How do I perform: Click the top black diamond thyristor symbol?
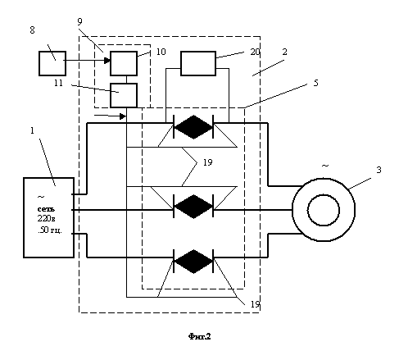coord(193,127)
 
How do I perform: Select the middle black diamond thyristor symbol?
coord(193,207)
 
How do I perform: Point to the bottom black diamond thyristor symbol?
coord(193,262)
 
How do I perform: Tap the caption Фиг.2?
coord(200,336)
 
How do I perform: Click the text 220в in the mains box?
coord(47,219)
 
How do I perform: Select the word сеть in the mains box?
coord(46,209)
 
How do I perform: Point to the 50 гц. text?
coord(50,230)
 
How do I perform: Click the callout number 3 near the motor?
coord(379,170)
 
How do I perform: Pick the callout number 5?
coord(315,83)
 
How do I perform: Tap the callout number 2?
coord(284,52)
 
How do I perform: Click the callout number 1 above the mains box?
coord(32,130)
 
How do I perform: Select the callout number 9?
coord(79,21)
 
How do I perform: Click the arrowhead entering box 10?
coord(107,61)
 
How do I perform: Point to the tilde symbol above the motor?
coord(325,166)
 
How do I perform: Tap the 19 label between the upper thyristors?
coord(207,162)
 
